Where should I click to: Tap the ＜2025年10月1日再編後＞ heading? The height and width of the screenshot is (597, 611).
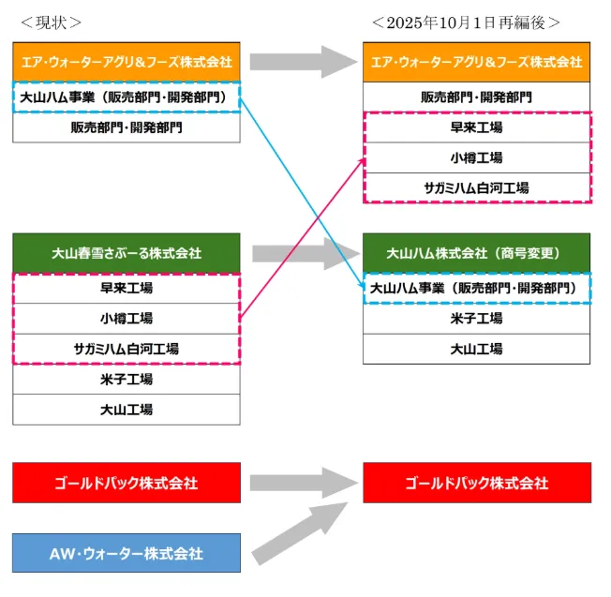click(466, 21)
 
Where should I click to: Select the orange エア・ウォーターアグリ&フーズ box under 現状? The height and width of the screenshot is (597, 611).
click(127, 62)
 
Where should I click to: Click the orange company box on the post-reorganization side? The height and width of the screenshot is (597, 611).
click(477, 62)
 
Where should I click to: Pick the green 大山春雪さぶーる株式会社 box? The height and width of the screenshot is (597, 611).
click(127, 253)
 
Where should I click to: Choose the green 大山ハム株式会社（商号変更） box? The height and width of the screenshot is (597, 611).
click(477, 253)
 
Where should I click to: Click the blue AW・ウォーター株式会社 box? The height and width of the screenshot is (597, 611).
click(127, 553)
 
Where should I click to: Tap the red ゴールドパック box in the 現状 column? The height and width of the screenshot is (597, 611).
click(127, 483)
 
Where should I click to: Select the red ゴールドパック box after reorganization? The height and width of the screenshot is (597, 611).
click(477, 483)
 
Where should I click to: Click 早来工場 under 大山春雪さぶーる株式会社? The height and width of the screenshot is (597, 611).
click(127, 288)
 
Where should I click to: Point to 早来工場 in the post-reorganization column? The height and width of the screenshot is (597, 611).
click(477, 127)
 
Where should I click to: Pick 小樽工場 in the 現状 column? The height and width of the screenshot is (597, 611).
click(127, 319)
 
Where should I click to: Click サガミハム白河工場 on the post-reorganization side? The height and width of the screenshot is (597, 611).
click(477, 187)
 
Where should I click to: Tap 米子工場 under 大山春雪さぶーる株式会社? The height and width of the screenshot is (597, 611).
click(127, 379)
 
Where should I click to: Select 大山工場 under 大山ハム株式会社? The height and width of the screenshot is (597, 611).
click(477, 349)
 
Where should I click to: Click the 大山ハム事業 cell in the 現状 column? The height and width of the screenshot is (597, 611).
click(127, 97)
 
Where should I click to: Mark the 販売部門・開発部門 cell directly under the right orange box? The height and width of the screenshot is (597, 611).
click(477, 97)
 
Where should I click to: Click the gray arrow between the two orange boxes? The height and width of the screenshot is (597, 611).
click(299, 62)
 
